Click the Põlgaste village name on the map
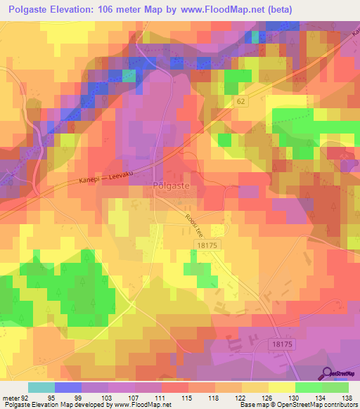pos(170,187)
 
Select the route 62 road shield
pos(241,101)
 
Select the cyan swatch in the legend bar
pos(41,387)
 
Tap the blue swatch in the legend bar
pos(68,387)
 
